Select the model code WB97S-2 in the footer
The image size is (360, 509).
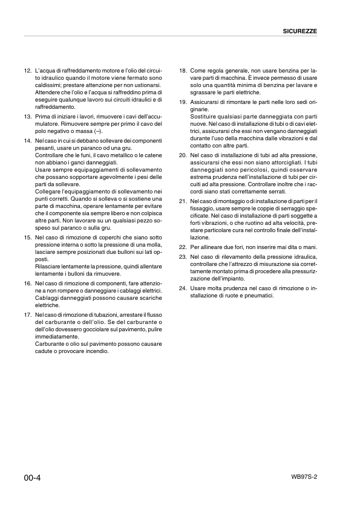(x=304, y=476)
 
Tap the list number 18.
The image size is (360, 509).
(x=183, y=71)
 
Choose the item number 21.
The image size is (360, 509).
(x=183, y=201)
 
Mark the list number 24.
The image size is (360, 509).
(x=183, y=288)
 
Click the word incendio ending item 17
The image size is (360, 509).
(x=97, y=351)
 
